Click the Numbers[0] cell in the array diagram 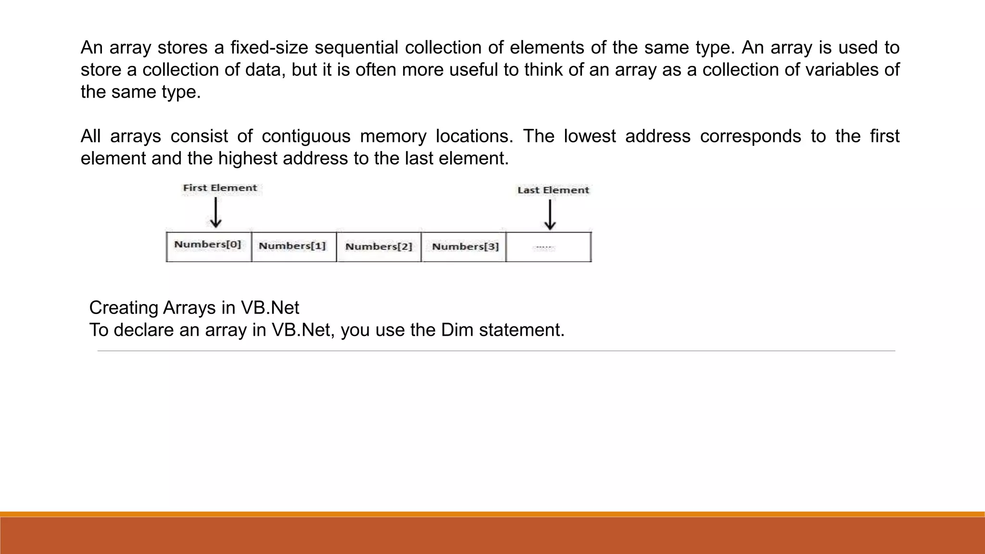coord(208,246)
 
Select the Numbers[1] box coord(293,247)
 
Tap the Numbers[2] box coord(379,247)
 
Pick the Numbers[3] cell coord(464,247)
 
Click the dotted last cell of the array coord(548,247)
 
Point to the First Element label coord(220,188)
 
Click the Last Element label coord(553,190)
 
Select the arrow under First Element coord(215,213)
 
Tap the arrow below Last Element coord(550,214)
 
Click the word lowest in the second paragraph coord(590,136)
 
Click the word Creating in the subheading coord(124,308)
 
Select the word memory coord(393,136)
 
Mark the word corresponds coord(750,136)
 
